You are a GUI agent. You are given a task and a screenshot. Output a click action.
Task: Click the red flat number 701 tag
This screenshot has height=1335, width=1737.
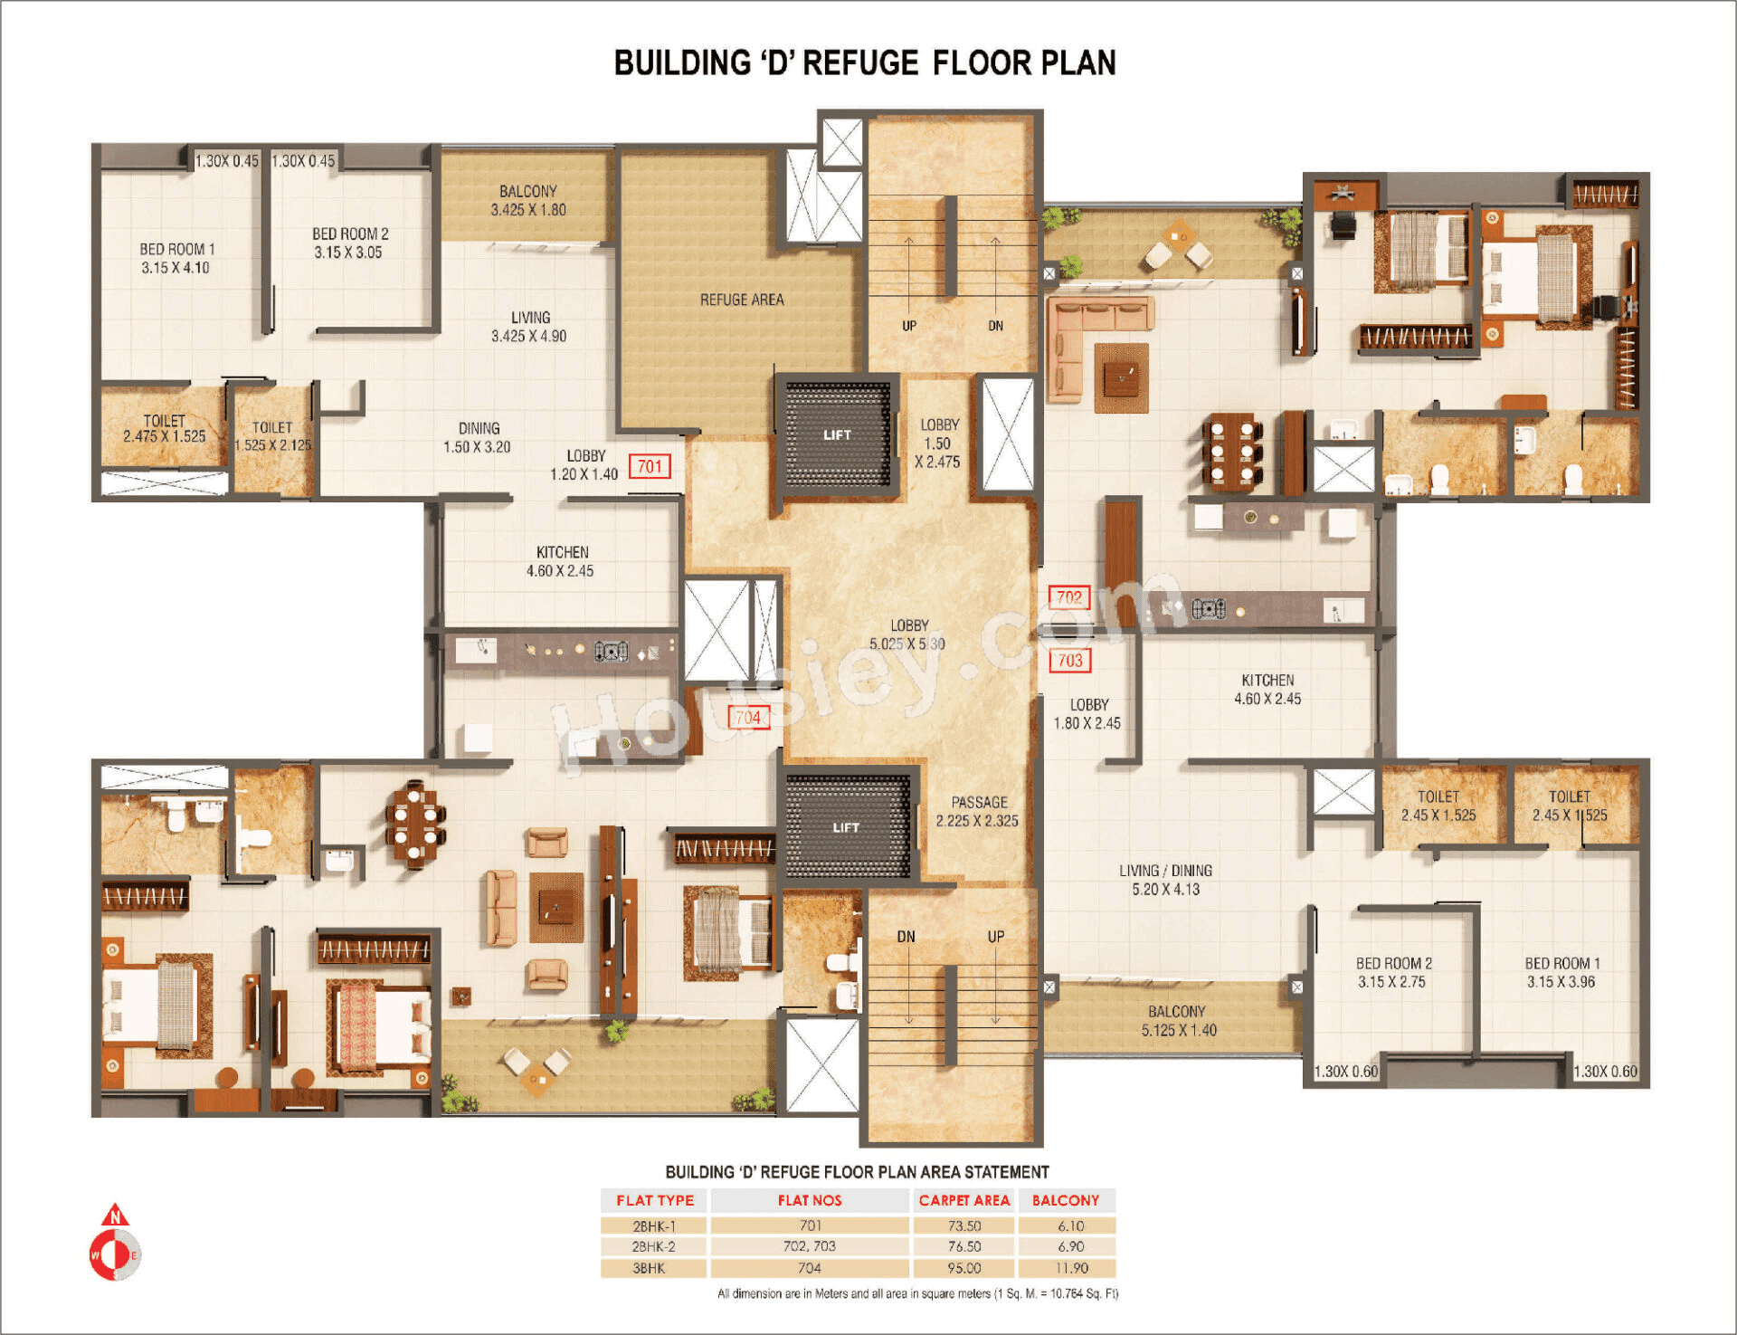[x=650, y=466]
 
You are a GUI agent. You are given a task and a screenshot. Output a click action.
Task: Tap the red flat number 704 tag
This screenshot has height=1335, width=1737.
[x=748, y=718]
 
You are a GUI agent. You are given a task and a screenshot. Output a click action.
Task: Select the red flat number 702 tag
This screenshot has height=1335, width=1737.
[x=1069, y=597]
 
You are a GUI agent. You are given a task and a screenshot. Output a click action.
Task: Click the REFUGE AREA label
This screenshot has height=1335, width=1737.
[x=742, y=300]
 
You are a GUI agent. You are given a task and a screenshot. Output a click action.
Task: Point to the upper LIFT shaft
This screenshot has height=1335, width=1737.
[x=838, y=434]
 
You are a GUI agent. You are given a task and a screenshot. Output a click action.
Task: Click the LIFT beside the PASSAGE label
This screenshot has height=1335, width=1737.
[x=847, y=827]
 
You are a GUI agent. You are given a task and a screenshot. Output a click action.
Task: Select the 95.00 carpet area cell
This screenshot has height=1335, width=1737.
[x=964, y=1268]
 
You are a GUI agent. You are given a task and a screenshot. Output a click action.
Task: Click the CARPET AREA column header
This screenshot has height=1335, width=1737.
[x=964, y=1200]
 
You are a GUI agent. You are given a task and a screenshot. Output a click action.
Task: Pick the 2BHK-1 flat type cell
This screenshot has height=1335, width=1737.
[x=654, y=1225]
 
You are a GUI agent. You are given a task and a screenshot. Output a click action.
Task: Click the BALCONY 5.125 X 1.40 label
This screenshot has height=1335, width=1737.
[x=1178, y=1021]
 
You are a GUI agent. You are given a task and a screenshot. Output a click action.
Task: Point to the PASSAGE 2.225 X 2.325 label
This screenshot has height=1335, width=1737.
[x=977, y=812]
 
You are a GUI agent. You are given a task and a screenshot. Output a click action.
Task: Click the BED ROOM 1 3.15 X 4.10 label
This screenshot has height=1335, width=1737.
[x=176, y=258]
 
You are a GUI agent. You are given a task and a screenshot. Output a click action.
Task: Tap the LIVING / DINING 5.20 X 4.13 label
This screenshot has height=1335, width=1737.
[x=1165, y=880]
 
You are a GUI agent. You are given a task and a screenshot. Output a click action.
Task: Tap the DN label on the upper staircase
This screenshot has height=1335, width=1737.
[x=995, y=326]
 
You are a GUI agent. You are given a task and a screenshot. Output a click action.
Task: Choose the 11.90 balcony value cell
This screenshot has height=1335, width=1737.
[x=1071, y=1268]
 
